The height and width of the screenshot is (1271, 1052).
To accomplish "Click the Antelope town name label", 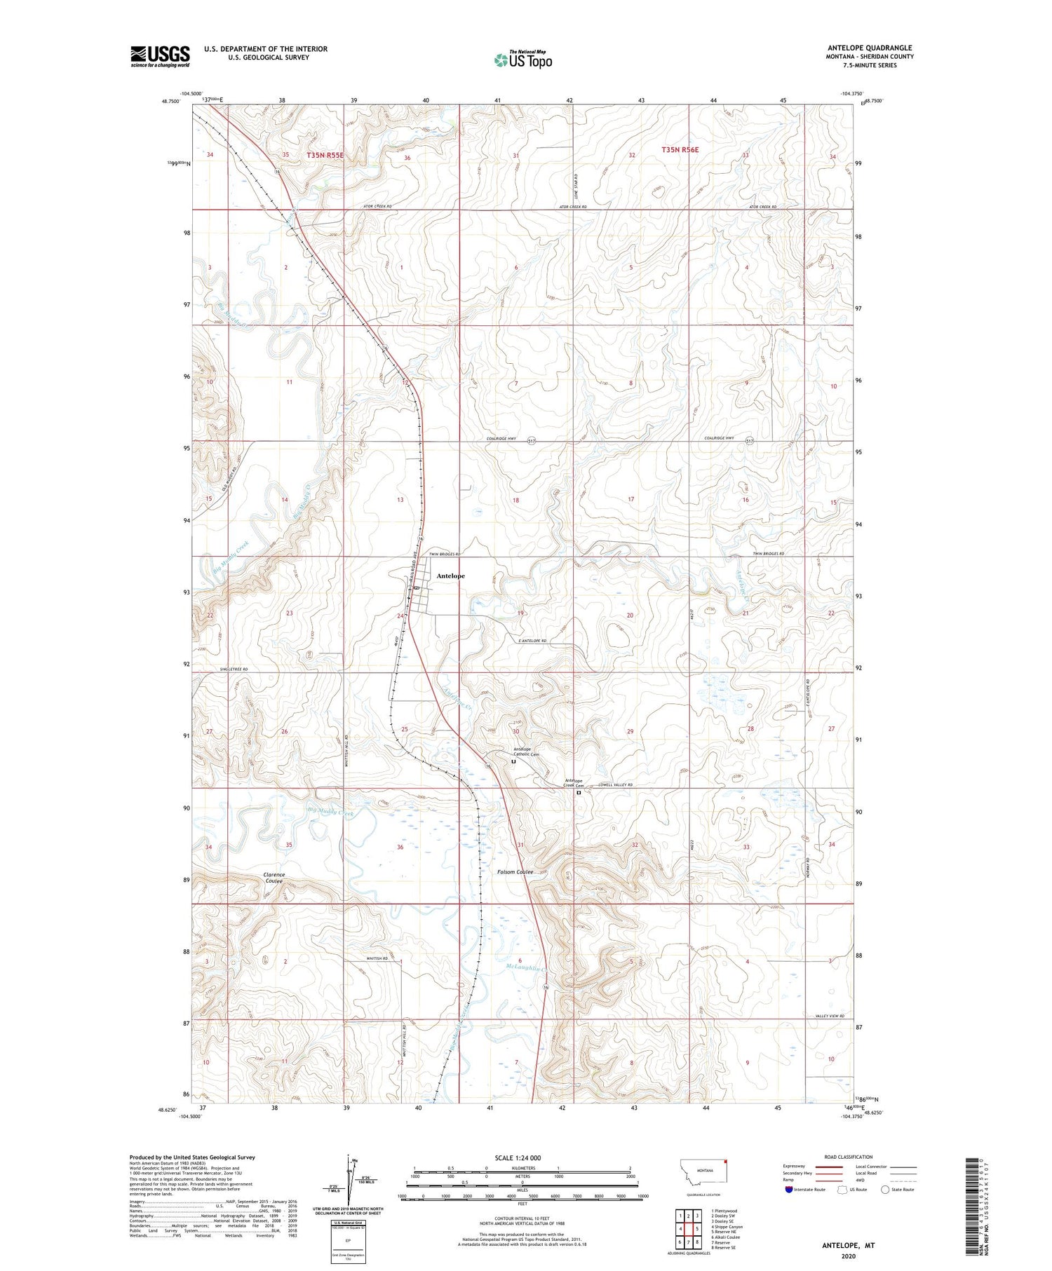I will point(450,576).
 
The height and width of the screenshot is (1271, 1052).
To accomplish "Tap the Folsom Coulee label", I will point(515,872).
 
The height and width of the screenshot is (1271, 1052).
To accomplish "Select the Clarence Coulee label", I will point(274,878).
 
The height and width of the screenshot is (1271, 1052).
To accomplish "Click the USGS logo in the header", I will point(160,56).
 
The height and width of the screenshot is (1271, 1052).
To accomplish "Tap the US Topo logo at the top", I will point(522,60).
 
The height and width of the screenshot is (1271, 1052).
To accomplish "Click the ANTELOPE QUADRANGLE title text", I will point(870,48).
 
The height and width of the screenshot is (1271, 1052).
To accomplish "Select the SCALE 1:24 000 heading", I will point(515,1157).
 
